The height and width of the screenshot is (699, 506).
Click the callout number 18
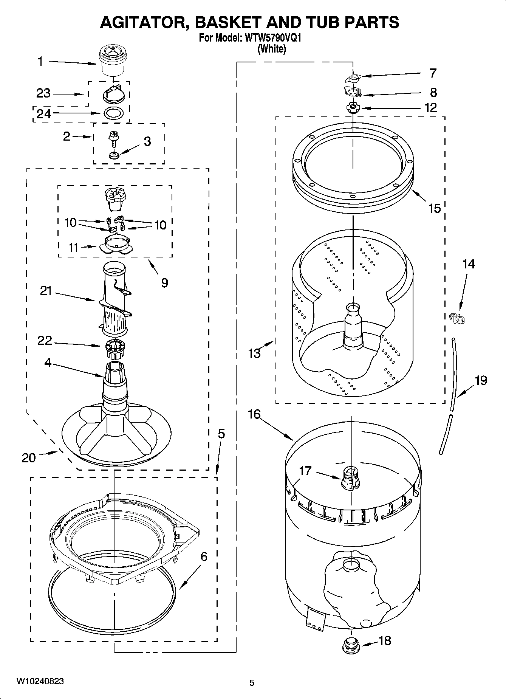(x=385, y=640)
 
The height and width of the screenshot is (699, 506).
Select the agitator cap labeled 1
(x=113, y=60)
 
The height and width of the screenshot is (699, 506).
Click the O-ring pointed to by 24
(x=113, y=113)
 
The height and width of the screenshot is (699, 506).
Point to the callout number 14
(x=468, y=263)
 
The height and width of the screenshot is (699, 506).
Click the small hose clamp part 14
(x=458, y=318)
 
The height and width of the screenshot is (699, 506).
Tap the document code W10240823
(x=40, y=682)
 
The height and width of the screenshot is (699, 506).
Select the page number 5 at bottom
(x=252, y=683)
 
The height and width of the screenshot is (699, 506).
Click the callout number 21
(x=46, y=291)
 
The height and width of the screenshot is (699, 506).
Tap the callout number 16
(x=254, y=414)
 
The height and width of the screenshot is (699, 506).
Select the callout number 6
(x=204, y=556)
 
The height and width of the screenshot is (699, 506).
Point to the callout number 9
(x=165, y=283)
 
